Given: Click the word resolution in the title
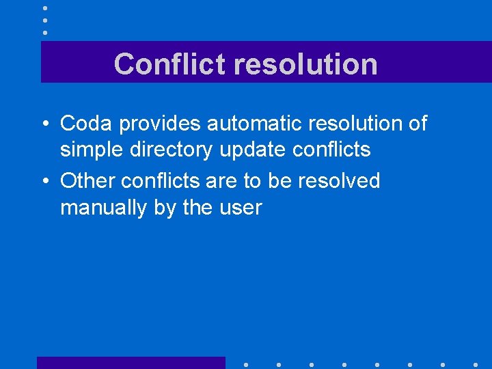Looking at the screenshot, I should tap(305, 64).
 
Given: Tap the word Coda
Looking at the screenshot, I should tap(82, 124).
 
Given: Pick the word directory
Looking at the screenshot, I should tap(171, 150).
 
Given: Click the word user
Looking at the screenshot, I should tap(240, 207).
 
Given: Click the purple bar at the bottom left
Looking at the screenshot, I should tap(131, 362).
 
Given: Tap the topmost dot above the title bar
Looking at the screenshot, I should tap(45, 8).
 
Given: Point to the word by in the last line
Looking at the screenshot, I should tap(165, 208).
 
